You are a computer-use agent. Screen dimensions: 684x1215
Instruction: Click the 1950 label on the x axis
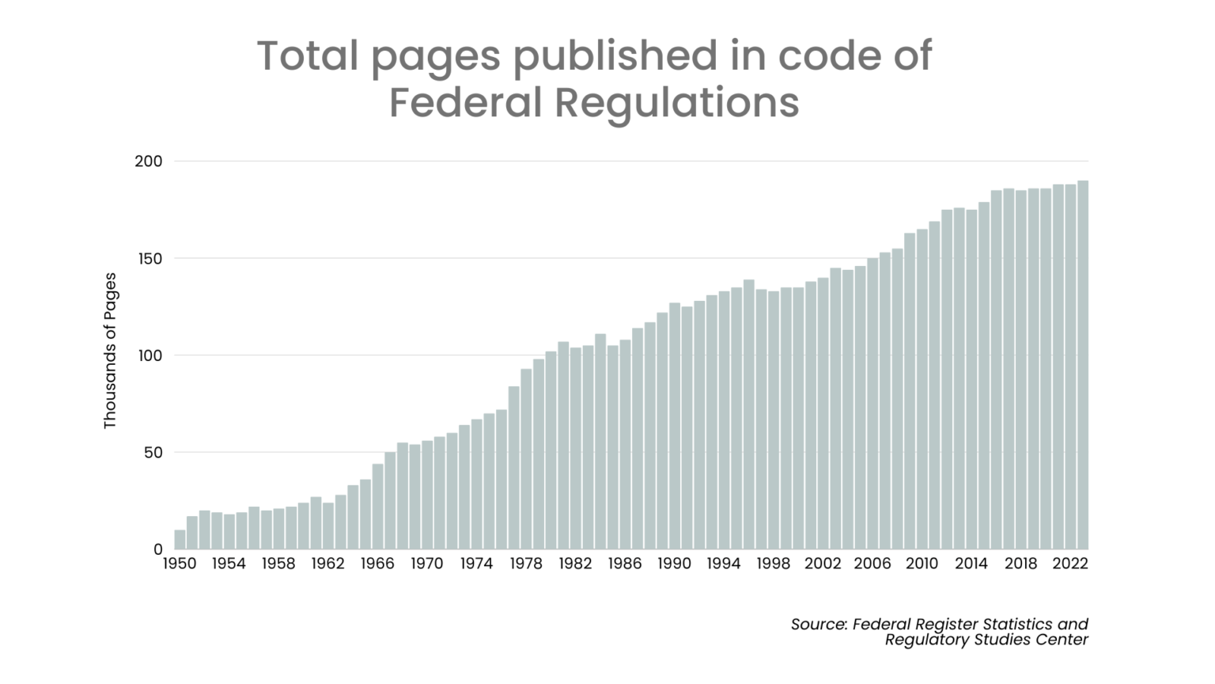tap(180, 564)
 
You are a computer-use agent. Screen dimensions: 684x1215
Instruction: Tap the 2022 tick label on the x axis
tap(1070, 564)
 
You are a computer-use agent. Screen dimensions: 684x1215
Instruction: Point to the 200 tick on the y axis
tap(148, 161)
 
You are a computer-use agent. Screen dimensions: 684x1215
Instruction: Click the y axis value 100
tap(150, 355)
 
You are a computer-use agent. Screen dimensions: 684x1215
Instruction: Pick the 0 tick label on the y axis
tap(158, 549)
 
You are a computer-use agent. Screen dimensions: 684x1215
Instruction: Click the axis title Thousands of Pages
tap(110, 351)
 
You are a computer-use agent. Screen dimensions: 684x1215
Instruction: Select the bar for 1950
tap(180, 540)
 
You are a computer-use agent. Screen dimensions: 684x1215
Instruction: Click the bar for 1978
tap(526, 459)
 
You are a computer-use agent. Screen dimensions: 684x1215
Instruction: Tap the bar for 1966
tap(377, 507)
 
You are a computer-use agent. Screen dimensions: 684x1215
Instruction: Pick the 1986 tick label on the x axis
tap(625, 564)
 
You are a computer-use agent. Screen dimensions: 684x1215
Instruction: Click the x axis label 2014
tap(971, 564)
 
